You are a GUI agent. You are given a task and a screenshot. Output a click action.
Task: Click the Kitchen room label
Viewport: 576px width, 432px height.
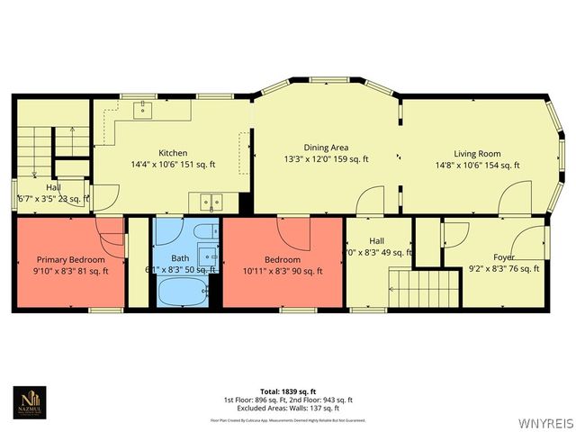tap(173, 152)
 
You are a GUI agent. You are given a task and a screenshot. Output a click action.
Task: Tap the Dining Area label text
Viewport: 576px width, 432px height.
tap(326, 148)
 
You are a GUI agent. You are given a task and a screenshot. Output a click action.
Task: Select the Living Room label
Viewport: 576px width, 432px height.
tap(477, 153)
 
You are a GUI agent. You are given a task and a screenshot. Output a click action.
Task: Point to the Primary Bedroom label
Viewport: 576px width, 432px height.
tap(70, 259)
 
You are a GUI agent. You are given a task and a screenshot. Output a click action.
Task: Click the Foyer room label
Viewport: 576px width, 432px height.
tap(504, 256)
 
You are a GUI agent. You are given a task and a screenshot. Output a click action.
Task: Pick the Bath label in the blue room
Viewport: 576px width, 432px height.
tap(181, 257)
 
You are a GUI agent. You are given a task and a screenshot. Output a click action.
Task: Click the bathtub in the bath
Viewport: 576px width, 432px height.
tap(182, 292)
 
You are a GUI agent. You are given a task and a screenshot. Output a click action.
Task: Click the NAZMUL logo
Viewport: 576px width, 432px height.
tap(31, 403)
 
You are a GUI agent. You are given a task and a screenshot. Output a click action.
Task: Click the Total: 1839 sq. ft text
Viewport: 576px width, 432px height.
tap(289, 391)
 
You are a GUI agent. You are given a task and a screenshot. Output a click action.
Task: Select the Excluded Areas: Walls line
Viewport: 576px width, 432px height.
tap(289, 407)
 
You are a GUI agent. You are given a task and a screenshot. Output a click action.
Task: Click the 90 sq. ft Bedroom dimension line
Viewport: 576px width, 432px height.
tap(283, 269)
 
